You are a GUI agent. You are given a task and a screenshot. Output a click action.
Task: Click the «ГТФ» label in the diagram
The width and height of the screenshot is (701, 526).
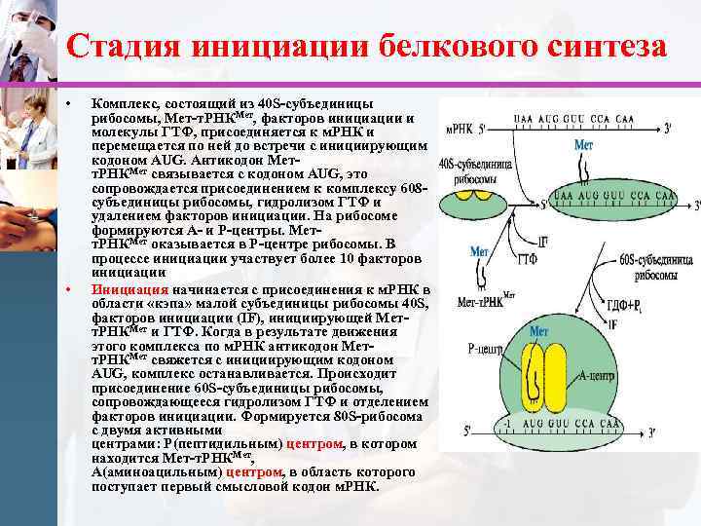pyautogui.click(x=529, y=260)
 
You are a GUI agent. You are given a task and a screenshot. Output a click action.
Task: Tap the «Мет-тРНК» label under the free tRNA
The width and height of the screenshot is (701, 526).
pyautogui.click(x=481, y=302)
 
